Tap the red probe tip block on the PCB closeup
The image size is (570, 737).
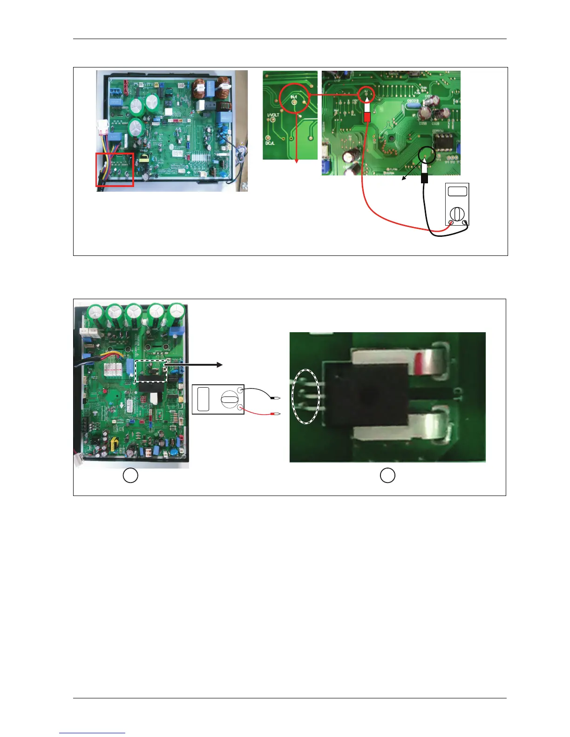point(367,118)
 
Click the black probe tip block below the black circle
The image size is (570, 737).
point(424,178)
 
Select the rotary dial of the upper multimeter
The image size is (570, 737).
point(457,214)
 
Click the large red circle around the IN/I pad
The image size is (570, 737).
point(294,98)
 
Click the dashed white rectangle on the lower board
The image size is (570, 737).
point(150,371)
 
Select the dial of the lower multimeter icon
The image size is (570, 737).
point(229,399)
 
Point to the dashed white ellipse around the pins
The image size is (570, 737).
point(306,396)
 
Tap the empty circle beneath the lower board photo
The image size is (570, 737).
point(130,476)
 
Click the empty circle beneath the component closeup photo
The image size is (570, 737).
point(387,476)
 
